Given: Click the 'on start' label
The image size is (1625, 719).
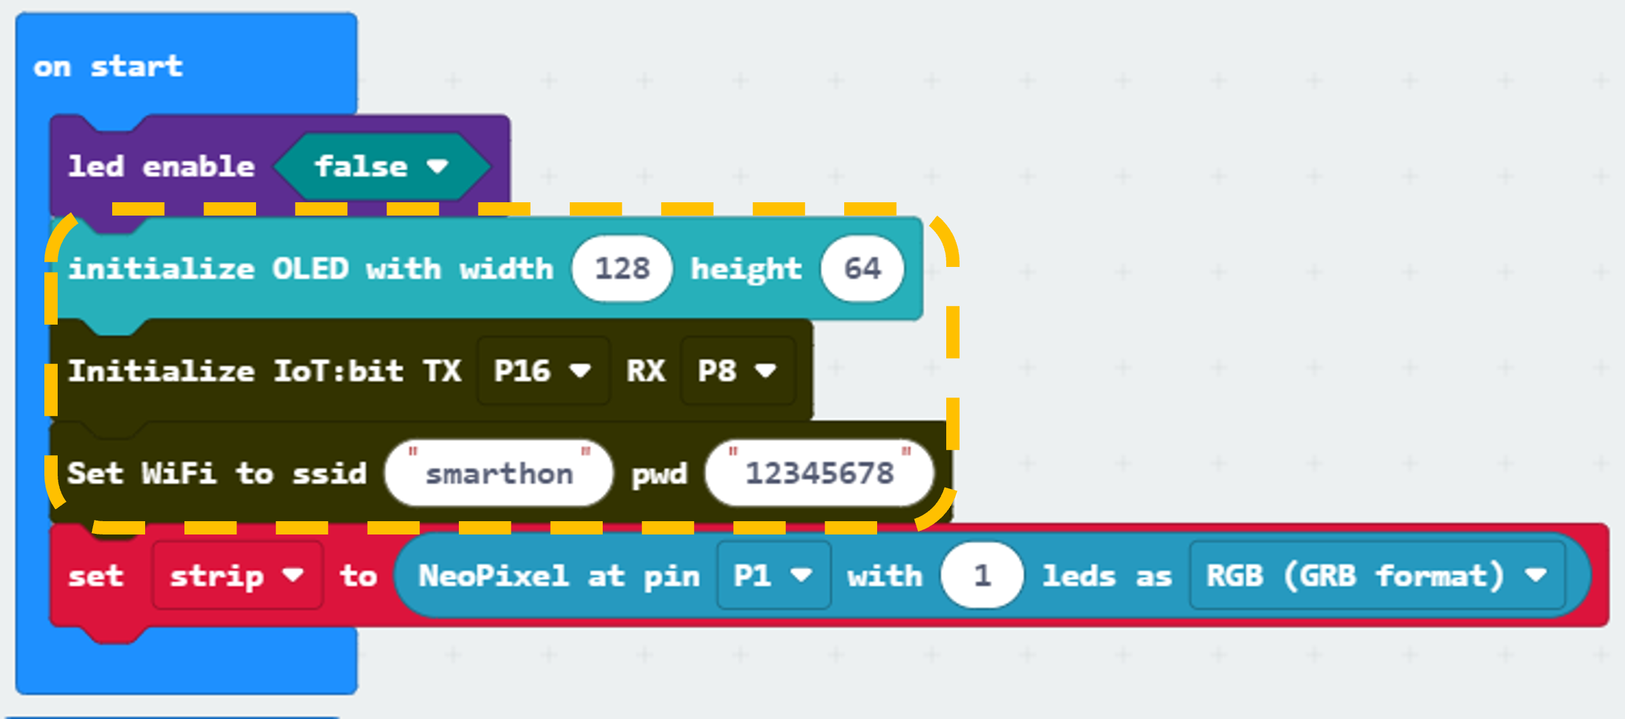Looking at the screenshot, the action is pyautogui.click(x=108, y=67).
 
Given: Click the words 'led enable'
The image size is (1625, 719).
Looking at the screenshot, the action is pyautogui.click(x=161, y=167).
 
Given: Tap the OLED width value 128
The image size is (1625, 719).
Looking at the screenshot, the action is pyautogui.click(x=622, y=268).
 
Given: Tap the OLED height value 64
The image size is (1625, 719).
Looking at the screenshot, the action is pyautogui.click(x=862, y=268).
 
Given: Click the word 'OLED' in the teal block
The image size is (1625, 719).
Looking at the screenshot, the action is pyautogui.click(x=311, y=269).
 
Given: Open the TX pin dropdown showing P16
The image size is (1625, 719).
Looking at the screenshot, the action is pyautogui.click(x=543, y=371).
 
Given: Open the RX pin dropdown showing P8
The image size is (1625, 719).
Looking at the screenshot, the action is pyautogui.click(x=737, y=371).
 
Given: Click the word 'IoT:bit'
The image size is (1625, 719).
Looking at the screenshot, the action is pyautogui.click(x=338, y=371).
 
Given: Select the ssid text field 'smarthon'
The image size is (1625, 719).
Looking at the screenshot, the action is pyautogui.click(x=499, y=473).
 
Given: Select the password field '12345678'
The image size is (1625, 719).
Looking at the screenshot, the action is pyautogui.click(x=819, y=473).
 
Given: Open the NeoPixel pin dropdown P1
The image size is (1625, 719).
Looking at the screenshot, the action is pyautogui.click(x=774, y=576).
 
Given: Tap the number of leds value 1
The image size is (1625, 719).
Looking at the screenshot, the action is pyautogui.click(x=982, y=576).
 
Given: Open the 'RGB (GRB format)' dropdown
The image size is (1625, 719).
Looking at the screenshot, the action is pyautogui.click(x=1377, y=576).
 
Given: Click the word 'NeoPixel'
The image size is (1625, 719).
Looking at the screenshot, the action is pyautogui.click(x=494, y=576).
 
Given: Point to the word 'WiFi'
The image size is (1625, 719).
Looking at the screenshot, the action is pyautogui.click(x=179, y=473).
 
